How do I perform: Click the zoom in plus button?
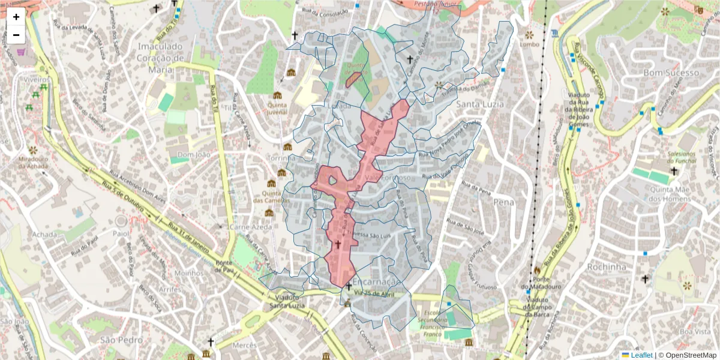tap(16, 17)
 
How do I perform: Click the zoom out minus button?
tap(16, 35)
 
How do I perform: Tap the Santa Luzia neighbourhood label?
tap(480, 104)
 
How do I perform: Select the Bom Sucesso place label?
tap(671, 72)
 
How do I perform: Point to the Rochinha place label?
tap(608, 266)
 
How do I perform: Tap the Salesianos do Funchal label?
tap(691, 157)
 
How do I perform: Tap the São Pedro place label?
tap(116, 340)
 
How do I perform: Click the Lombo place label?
tap(530, 44)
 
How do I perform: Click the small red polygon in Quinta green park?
tap(353, 80)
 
